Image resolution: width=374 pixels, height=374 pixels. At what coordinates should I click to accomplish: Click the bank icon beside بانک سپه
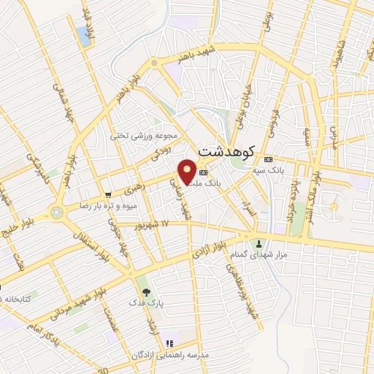pyautogui.click(x=268, y=159)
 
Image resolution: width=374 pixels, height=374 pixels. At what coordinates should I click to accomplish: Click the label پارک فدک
pyautogui.click(x=141, y=302)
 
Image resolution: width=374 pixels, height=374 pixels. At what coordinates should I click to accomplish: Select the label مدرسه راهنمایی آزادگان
pyautogui.click(x=170, y=354)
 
